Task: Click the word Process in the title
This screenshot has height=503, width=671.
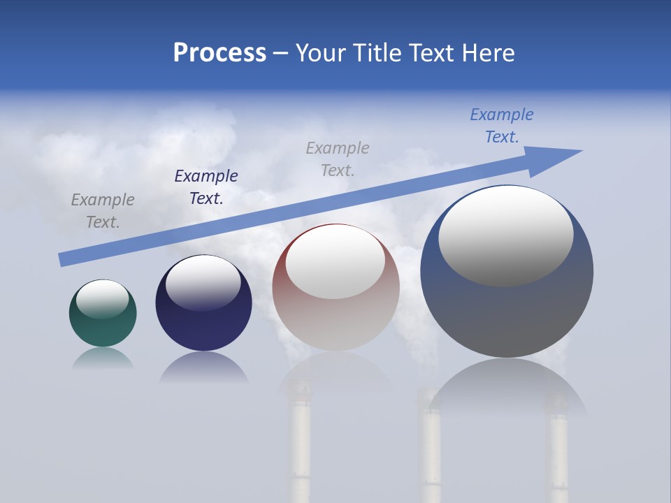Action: [219, 52]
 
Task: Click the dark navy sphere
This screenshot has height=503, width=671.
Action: [203, 325]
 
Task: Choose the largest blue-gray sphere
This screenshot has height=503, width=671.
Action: [507, 314]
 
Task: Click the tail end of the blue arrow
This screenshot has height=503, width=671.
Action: [63, 259]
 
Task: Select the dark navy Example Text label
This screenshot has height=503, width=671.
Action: [206, 187]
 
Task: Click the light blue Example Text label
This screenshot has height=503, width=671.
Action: [502, 126]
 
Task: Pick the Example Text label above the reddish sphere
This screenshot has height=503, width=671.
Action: [338, 159]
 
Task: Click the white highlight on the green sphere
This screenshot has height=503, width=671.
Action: [103, 299]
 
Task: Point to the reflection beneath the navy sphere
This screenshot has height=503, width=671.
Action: [203, 368]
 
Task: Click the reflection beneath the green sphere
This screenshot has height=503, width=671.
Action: [103, 359]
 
